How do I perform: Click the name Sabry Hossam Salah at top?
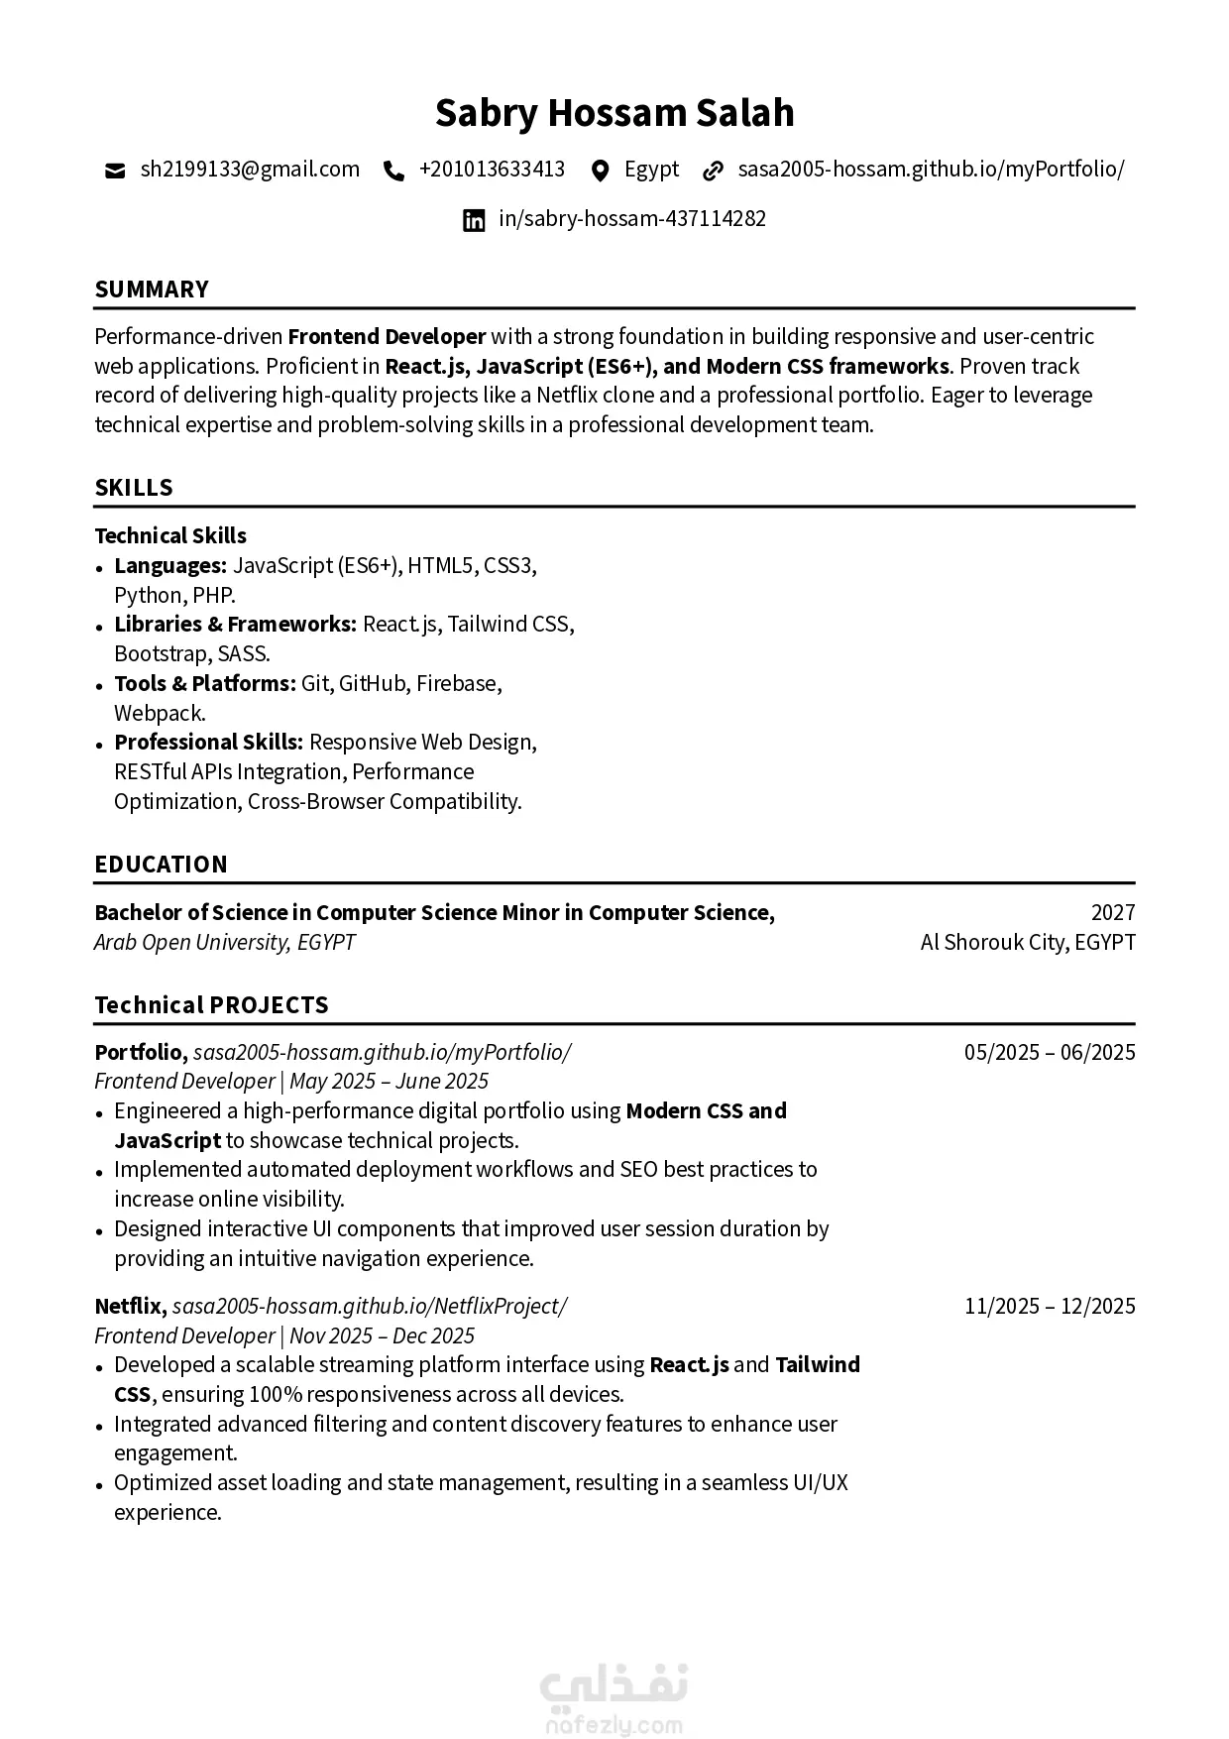(614, 113)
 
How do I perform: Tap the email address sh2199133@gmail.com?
(250, 170)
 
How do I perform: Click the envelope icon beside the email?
(115, 171)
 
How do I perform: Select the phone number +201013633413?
(492, 170)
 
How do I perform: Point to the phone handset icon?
(393, 171)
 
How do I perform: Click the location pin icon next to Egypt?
(600, 171)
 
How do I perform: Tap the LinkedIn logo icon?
(475, 220)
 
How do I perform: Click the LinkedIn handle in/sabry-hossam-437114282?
(632, 219)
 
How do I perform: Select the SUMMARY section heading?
(152, 290)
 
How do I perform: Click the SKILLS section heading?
(134, 488)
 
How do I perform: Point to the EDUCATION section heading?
(161, 865)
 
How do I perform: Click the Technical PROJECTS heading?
(211, 1005)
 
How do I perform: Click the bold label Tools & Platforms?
(205, 684)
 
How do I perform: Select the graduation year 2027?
(1113, 913)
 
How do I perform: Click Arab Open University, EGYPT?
(225, 943)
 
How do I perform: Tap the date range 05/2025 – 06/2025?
(1050, 1053)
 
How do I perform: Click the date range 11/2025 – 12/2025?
(1050, 1307)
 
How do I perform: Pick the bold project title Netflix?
(130, 1307)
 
